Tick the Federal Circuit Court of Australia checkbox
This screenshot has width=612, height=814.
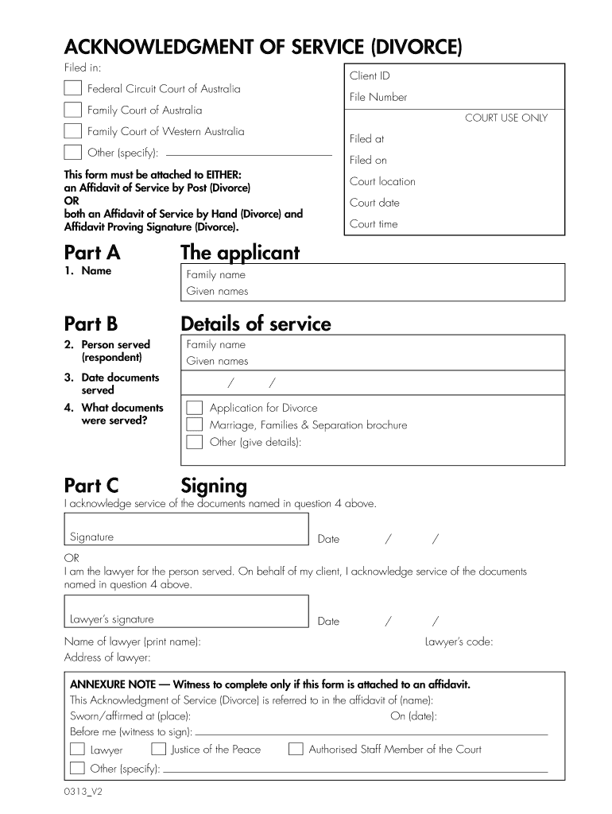point(72,88)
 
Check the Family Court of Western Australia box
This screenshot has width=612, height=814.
point(72,131)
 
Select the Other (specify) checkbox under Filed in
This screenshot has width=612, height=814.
point(72,153)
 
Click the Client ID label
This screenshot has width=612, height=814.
point(369,76)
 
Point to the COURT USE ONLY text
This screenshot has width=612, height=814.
point(506,118)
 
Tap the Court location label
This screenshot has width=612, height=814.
point(382,181)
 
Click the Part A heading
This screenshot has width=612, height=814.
point(91,253)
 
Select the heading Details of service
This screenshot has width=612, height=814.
point(256,324)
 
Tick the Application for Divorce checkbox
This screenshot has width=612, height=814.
point(194,408)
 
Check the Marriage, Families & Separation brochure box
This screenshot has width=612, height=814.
point(194,424)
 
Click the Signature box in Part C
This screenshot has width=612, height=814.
point(186,529)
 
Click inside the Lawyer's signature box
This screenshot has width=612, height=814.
point(186,612)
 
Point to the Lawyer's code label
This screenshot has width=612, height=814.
point(459,642)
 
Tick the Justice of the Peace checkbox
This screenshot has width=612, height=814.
point(158,749)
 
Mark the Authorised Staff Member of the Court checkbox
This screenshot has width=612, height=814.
point(296,749)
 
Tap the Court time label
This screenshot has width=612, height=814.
point(374,224)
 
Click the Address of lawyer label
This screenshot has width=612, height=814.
point(107,657)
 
